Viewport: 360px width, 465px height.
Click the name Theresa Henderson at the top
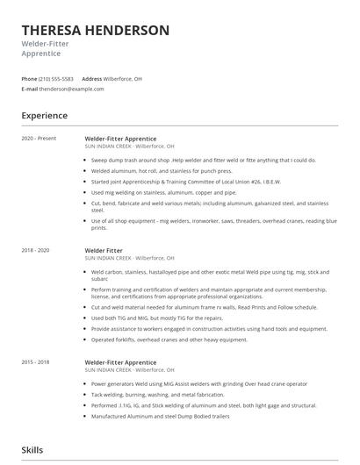[96, 30]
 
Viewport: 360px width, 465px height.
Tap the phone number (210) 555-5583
[56, 79]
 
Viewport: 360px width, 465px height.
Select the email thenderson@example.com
[66, 89]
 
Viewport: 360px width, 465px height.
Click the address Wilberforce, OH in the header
[123, 79]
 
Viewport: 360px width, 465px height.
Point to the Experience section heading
[45, 115]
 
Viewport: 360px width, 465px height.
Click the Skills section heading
[32, 449]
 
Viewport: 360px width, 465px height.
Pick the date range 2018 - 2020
[36, 250]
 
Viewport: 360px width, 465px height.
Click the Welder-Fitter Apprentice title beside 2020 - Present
[120, 139]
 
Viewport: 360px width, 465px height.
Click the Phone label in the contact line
[29, 79]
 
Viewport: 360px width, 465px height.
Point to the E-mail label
[30, 89]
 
